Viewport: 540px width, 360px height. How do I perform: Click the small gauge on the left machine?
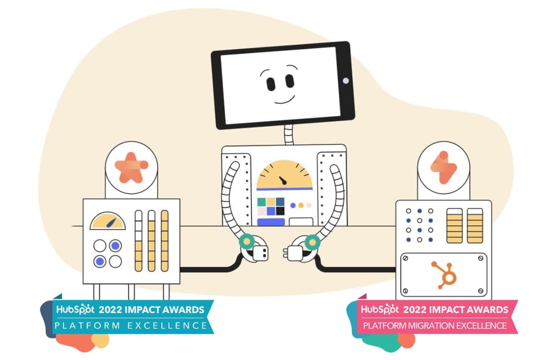[108, 221]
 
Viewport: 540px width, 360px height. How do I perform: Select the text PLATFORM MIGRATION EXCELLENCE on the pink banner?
[434, 325]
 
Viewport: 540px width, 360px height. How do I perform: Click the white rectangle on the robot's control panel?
[301, 221]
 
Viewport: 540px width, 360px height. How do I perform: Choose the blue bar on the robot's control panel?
[271, 221]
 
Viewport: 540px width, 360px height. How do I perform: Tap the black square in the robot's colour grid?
[280, 210]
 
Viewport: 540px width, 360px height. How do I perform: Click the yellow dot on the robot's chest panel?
[301, 205]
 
